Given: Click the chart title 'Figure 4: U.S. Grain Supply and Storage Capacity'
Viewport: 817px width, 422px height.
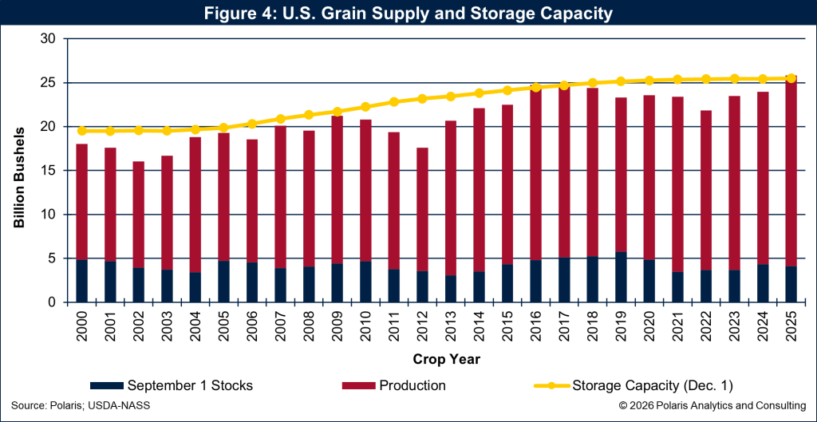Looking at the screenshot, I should click(x=408, y=14).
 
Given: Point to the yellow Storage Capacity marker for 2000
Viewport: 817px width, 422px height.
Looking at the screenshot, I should click(x=81, y=131).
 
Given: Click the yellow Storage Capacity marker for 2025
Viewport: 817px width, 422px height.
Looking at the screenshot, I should click(x=791, y=78).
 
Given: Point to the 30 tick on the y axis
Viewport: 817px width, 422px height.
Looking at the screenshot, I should click(x=48, y=38).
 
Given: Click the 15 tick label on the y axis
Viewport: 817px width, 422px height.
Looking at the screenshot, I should click(x=48, y=171).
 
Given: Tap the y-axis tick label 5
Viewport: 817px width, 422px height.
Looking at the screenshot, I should click(x=51, y=258).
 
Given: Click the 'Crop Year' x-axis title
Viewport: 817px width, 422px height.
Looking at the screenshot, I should click(x=436, y=360).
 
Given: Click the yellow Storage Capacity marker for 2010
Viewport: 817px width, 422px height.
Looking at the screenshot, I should click(x=365, y=107).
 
